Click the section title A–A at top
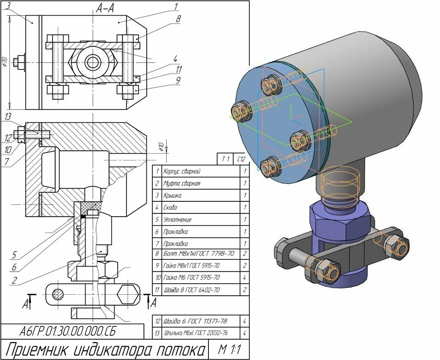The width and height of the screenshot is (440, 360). click(105, 8)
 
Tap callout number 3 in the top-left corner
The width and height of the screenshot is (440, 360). click(9, 5)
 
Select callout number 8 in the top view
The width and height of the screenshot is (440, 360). click(178, 20)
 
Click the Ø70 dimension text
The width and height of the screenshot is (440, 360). click(5, 63)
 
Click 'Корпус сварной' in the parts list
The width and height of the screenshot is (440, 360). click(182, 171)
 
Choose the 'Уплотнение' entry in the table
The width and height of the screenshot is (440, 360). click(178, 220)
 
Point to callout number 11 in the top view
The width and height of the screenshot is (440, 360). click(178, 69)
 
